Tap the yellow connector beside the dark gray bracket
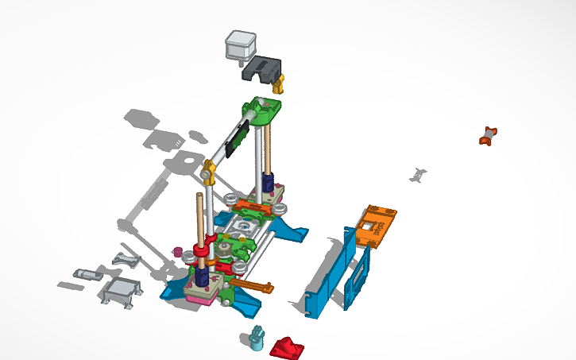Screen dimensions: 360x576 tap(278, 84)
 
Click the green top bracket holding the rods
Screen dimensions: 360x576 tap(263, 111)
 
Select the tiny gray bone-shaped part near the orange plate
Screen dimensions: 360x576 tap(419, 174)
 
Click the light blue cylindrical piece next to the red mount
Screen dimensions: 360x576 tap(256, 338)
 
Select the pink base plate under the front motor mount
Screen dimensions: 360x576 tap(202, 296)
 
